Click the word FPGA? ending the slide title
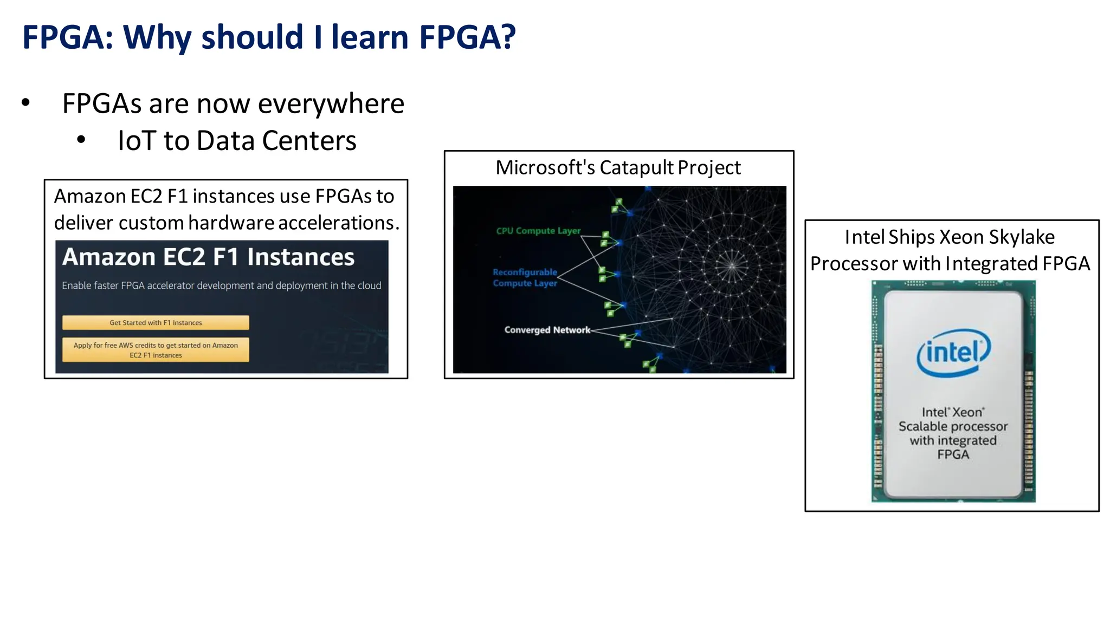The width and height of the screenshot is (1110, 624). [x=467, y=37]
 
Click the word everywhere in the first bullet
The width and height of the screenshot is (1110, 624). [x=331, y=103]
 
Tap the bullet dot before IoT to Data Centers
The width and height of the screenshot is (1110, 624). [x=81, y=140]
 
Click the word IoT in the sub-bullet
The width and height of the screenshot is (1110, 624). [x=137, y=141]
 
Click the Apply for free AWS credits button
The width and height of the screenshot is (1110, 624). [x=156, y=350]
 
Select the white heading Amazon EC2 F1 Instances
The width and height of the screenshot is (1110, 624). [x=208, y=257]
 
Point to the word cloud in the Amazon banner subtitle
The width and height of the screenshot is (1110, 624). [x=369, y=285]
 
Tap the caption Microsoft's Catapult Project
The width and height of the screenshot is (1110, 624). [x=618, y=167]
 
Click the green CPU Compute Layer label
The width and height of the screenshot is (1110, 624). [x=538, y=231]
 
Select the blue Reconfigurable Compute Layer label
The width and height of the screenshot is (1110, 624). [x=525, y=277]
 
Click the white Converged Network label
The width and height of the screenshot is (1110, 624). [x=547, y=330]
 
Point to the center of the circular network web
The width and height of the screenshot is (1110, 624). [x=732, y=265]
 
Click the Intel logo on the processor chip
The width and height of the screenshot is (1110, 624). [x=953, y=353]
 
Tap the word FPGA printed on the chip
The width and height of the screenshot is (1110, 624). [x=953, y=454]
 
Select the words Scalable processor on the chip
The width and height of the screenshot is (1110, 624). [x=953, y=426]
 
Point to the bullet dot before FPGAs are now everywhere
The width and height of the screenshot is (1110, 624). [x=25, y=102]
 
